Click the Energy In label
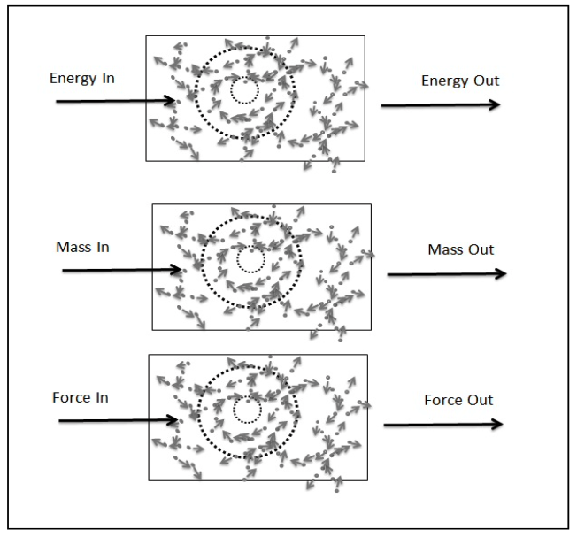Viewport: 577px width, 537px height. click(82, 79)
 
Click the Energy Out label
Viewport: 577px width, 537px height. click(460, 81)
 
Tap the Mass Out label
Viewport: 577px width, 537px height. click(460, 249)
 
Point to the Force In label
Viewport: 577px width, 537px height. click(80, 397)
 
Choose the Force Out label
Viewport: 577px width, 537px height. click(458, 400)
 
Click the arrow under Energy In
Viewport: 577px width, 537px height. click(115, 101)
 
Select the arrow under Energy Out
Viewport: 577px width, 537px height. click(441, 104)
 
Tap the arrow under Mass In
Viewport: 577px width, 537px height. click(121, 271)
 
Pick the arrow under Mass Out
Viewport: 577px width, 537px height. click(447, 273)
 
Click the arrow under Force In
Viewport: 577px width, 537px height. click(118, 421)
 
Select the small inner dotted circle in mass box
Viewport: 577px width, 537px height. click(251, 259)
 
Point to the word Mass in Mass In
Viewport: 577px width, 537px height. click(70, 247)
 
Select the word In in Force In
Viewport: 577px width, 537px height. click(102, 397)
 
